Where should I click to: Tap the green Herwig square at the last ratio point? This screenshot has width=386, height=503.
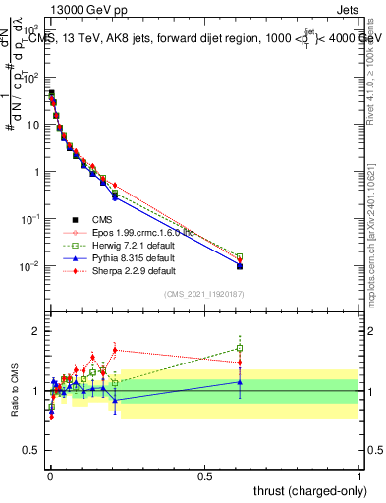point(240,348)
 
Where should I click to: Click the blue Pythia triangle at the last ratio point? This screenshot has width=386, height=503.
point(240,382)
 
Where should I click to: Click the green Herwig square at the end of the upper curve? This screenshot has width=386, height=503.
point(240,256)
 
